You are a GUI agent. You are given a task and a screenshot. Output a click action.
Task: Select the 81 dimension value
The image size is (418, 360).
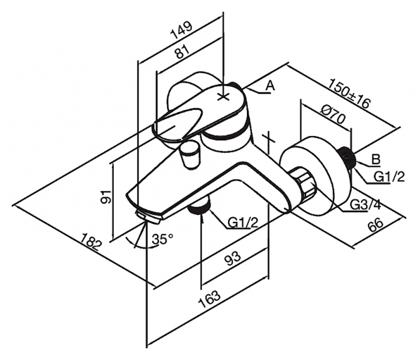(x=182, y=51)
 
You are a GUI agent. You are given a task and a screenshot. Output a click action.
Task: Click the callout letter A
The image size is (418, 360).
(x=270, y=86)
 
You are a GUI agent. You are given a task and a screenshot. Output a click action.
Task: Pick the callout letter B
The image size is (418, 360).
(x=376, y=159)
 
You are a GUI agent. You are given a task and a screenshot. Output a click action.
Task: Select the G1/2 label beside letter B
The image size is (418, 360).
(x=389, y=177)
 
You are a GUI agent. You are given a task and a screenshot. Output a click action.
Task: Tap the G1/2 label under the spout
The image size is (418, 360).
(x=243, y=222)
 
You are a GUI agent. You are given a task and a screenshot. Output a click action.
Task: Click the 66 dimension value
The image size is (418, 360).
(x=375, y=226)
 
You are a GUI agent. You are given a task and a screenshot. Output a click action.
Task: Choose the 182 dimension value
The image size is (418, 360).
(x=91, y=241)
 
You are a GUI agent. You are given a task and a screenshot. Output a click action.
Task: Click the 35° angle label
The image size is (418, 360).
(x=163, y=239)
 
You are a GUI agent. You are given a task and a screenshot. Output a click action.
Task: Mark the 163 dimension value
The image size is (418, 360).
(x=210, y=299)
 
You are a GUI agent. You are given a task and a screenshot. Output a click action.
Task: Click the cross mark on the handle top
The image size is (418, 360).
(x=223, y=97)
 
